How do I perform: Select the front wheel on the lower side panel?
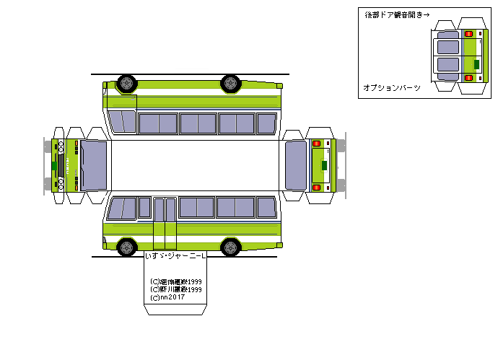pyautogui.click(x=126, y=247)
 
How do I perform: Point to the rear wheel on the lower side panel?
pyautogui.click(x=231, y=247)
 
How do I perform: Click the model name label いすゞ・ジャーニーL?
pyautogui.click(x=175, y=256)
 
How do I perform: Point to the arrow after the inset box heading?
pyautogui.click(x=426, y=14)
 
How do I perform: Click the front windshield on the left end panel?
pyautogui.click(x=95, y=164)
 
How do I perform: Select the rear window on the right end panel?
pyautogui.click(x=296, y=164)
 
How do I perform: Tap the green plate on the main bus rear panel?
pyautogui.click(x=324, y=164)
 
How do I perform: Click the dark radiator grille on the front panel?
pyautogui.click(x=69, y=164)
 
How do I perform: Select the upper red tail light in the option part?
pyautogui.click(x=469, y=34)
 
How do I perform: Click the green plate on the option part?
pyautogui.click(x=477, y=63)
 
